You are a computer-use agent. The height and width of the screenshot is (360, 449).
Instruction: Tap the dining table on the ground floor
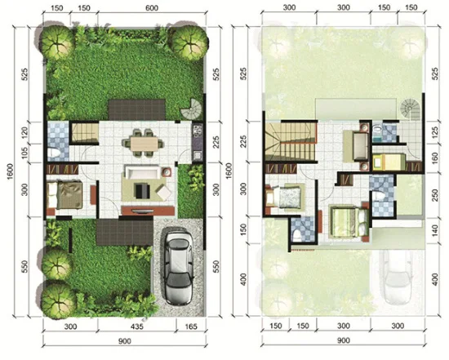click(143, 143)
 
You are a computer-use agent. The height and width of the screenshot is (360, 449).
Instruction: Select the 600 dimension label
click(152, 7)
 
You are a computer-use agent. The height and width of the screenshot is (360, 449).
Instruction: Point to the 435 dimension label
click(136, 327)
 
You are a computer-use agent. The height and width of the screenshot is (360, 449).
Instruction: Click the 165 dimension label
click(191, 327)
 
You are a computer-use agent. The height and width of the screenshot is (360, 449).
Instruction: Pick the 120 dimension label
click(24, 131)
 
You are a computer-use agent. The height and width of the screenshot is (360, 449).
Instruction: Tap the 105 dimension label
click(24, 153)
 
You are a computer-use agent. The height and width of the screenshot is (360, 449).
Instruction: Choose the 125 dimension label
click(434, 132)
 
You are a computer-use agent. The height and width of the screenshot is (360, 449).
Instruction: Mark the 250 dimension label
click(434, 196)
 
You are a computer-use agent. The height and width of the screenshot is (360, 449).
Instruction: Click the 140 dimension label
click(434, 230)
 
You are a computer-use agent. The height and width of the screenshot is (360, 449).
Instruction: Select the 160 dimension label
click(434, 158)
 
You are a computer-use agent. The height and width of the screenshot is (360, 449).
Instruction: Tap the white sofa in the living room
click(142, 173)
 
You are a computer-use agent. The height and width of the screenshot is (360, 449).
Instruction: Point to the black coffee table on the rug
click(142, 191)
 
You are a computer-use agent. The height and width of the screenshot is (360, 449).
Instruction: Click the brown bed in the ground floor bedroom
click(65, 195)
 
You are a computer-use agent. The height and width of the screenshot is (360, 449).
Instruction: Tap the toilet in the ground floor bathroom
click(54, 153)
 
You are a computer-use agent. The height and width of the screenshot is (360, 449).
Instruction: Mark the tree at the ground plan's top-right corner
click(189, 43)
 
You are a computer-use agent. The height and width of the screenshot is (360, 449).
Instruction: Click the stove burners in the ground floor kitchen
click(198, 131)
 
